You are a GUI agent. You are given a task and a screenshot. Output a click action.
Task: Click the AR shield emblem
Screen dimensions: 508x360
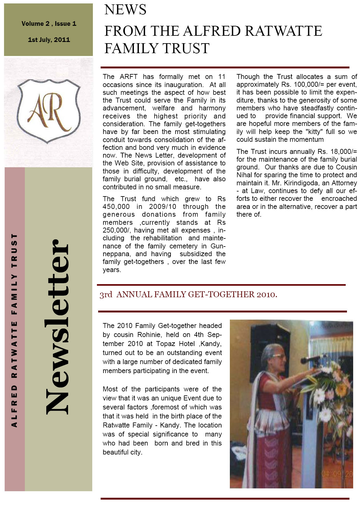pyautogui.click(x=49, y=111)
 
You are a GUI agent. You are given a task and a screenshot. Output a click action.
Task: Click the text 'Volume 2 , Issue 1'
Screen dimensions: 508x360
pyautogui.click(x=49, y=24)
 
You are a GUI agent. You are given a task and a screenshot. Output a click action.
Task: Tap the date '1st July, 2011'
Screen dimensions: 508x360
pyautogui.click(x=49, y=40)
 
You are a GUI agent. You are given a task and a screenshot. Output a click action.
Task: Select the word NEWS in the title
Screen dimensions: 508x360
pyautogui.click(x=125, y=10)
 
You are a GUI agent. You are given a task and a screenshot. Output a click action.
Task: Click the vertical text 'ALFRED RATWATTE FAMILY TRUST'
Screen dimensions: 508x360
pyautogui.click(x=14, y=330)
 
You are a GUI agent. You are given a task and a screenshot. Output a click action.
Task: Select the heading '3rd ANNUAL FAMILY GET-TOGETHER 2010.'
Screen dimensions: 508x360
pyautogui.click(x=188, y=294)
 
